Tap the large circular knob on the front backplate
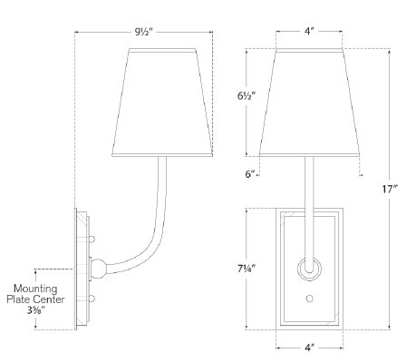(x=309, y=269)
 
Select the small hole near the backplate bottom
(x=309, y=298)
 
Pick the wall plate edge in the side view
(x=75, y=268)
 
